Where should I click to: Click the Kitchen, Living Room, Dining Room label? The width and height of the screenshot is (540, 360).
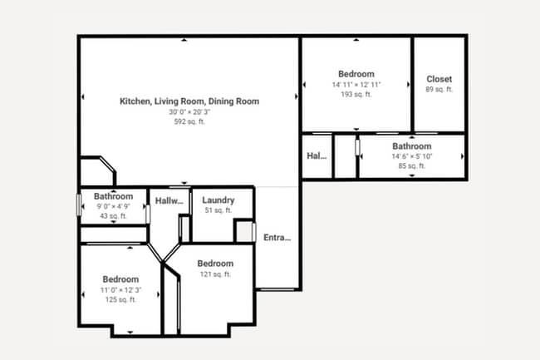pos(189,101)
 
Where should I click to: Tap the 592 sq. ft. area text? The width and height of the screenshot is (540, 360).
pos(189,121)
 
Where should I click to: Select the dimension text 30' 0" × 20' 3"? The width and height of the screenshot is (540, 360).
pos(189,111)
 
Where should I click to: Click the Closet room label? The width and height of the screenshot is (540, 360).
pos(439,80)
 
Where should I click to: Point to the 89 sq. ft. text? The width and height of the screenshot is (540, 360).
pos(439,90)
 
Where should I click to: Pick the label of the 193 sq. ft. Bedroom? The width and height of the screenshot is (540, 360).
pos(356,74)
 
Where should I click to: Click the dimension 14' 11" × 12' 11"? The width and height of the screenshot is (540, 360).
pos(356,85)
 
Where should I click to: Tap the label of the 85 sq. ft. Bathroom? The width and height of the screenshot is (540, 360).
pos(411,146)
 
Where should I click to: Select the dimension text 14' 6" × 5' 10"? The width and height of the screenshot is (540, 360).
pos(411,156)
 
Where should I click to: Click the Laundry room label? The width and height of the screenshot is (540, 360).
pos(218,200)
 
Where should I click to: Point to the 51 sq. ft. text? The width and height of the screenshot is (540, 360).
pos(218,210)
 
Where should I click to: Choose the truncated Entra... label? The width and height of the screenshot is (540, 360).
pos(277,239)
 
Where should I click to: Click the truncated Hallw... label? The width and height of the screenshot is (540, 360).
pos(169,200)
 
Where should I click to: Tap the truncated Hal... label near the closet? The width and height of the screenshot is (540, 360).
pos(317,155)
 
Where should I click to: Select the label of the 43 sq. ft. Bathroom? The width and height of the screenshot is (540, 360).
pos(113,197)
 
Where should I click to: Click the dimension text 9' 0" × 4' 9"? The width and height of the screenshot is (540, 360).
pos(113,207)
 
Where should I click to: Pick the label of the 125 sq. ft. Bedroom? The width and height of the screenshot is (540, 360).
pos(120,279)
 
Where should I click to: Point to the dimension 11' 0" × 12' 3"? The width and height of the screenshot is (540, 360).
pos(120,290)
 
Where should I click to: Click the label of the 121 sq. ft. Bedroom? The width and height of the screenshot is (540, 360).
pos(215,264)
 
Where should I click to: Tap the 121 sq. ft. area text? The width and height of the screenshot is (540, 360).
pos(215,274)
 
